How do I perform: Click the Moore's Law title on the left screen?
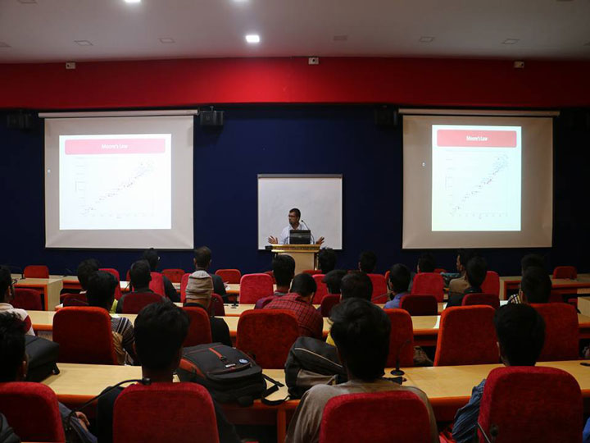[x=115, y=146]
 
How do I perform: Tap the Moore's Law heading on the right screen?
[x=476, y=138]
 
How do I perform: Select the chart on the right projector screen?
[x=477, y=185]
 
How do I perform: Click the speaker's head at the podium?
[x=294, y=216]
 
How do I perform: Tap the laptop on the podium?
[x=300, y=237]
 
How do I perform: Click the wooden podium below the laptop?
[x=296, y=258]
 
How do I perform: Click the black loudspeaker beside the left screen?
[x=211, y=118]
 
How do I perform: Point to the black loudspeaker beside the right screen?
[x=386, y=116]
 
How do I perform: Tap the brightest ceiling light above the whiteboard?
[x=252, y=39]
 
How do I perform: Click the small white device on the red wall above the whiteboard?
[x=313, y=61]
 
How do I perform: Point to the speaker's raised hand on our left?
[x=273, y=240]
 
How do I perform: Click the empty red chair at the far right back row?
[x=565, y=272]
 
